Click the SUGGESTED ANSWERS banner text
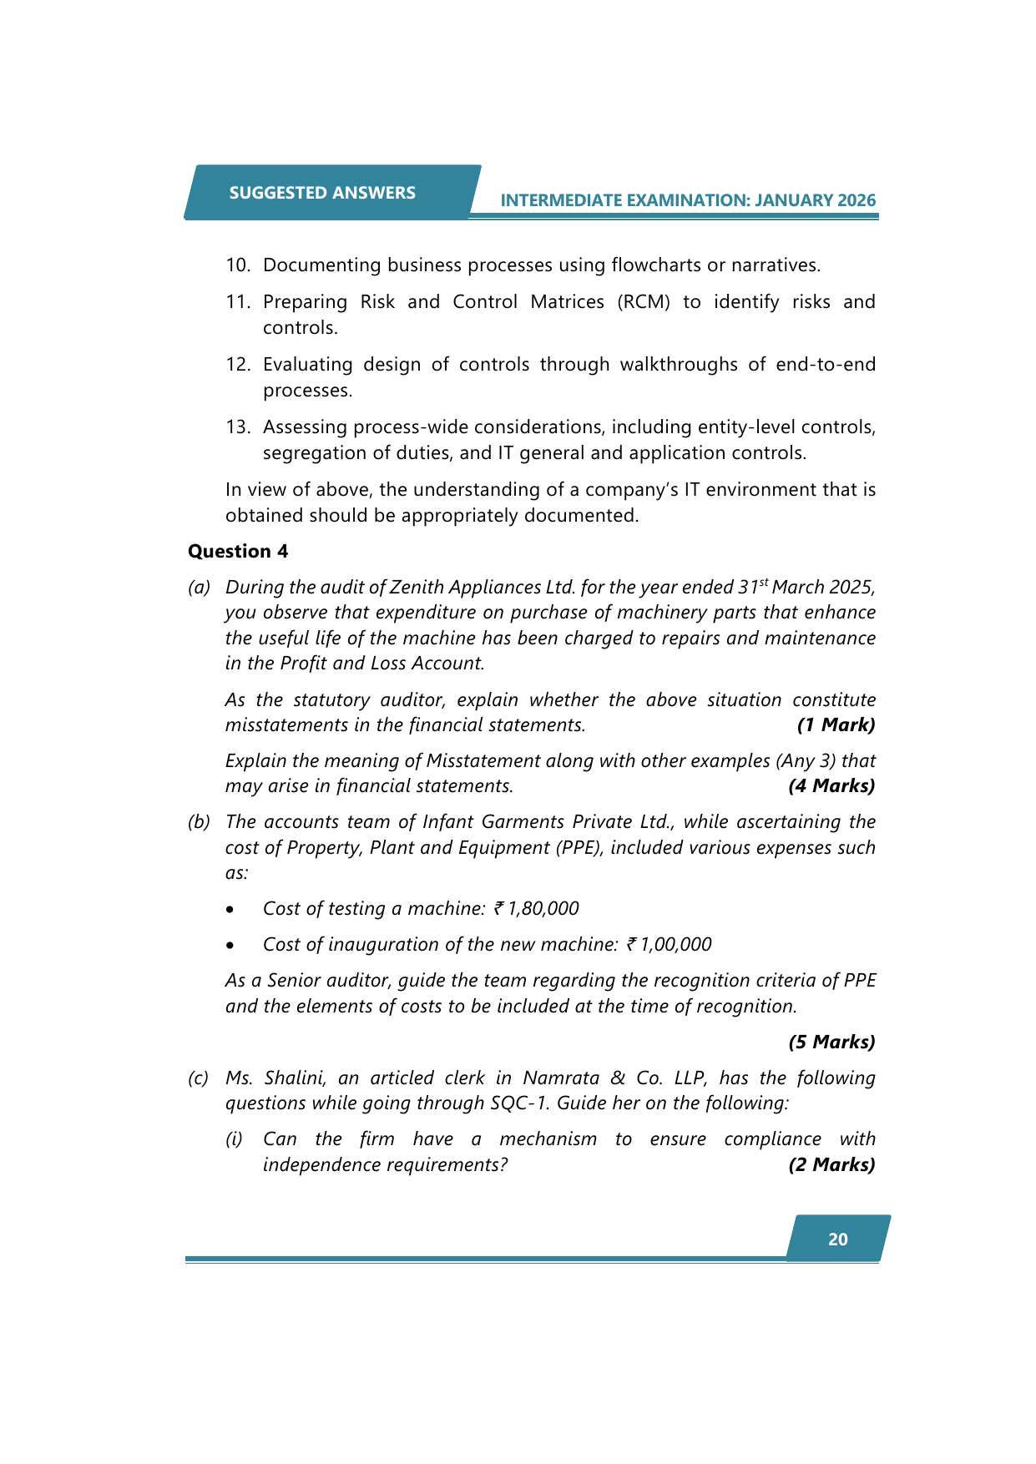322,193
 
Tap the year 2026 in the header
857,200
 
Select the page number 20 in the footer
838,1239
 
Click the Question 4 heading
238,551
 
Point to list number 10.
238,265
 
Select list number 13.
238,427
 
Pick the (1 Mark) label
836,724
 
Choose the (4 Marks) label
831,785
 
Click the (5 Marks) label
831,1042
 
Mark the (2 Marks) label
831,1164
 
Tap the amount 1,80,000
543,909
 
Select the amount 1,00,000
675,945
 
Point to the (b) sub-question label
199,822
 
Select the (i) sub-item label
234,1139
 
